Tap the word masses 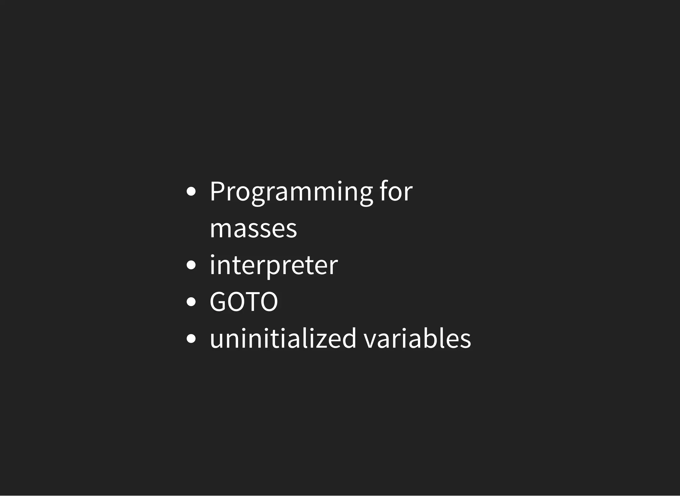pos(253,229)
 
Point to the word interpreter pos(274,265)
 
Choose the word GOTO pos(244,302)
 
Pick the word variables pos(417,339)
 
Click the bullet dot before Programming pos(191,192)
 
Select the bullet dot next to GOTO pos(191,302)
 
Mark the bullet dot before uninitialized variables pos(191,339)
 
